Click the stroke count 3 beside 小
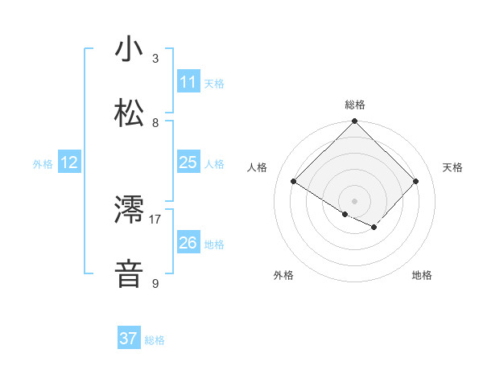coord(155,59)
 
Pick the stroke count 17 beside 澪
coord(155,218)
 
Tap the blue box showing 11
coord(188,82)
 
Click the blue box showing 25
coord(188,162)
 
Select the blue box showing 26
coord(188,242)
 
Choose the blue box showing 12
coord(69,162)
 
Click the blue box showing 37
coord(128,339)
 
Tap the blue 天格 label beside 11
coord(214,84)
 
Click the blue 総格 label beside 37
coord(155,340)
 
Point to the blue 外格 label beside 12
coord(43,164)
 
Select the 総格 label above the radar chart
coord(355,105)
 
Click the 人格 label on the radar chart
coord(258,167)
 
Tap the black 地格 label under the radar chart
coord(422,275)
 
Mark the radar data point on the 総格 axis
coord(354,121)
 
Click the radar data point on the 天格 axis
coord(416,181)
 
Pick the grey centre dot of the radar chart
coord(354,200)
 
